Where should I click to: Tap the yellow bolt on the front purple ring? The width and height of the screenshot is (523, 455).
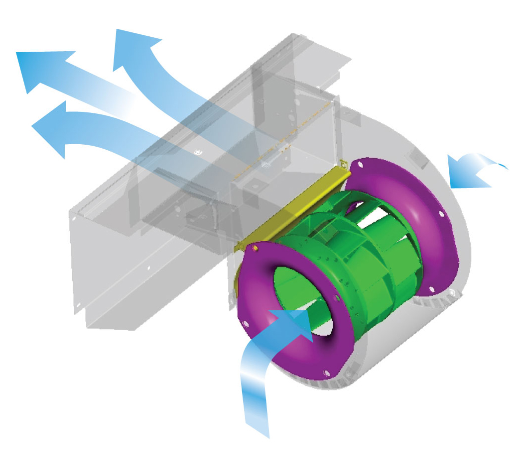click(256, 247)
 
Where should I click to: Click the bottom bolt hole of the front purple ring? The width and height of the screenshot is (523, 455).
click(326, 372)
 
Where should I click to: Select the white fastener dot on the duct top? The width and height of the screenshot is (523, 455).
click(198, 152)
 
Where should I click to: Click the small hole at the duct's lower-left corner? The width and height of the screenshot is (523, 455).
click(78, 304)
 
